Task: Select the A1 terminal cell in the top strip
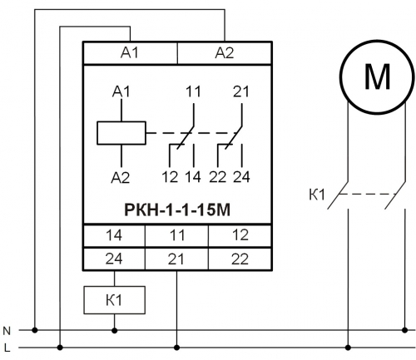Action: (x=130, y=53)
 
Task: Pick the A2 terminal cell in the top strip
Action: (x=225, y=53)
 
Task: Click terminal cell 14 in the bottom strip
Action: (x=114, y=235)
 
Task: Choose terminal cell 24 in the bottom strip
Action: (x=114, y=259)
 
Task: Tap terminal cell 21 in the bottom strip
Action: (x=176, y=259)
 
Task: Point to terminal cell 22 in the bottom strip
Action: (x=240, y=259)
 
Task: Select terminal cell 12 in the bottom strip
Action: (x=240, y=235)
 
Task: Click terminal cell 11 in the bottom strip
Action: (x=176, y=235)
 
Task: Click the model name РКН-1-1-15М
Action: (x=177, y=210)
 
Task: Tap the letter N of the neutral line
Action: (x=7, y=331)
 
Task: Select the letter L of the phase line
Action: (x=7, y=348)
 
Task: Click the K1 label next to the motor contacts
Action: (x=317, y=195)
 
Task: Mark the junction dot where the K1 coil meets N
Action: (x=114, y=330)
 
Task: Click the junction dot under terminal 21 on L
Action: (x=176, y=348)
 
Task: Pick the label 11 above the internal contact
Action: (x=193, y=91)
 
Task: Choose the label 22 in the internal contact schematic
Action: (x=218, y=177)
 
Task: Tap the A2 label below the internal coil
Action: (x=121, y=177)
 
